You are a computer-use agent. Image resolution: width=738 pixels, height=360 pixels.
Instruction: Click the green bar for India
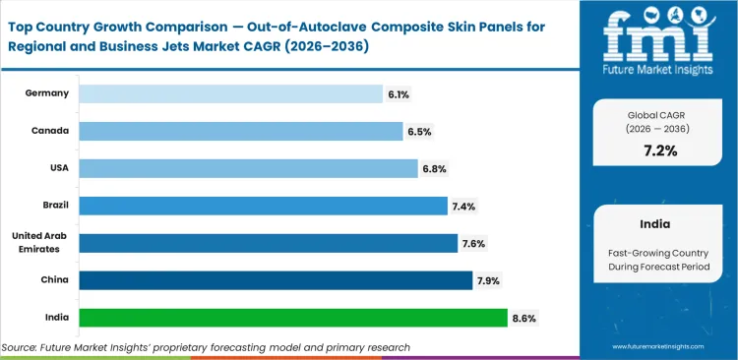[x=292, y=318]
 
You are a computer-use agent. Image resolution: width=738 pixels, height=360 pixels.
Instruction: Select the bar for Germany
[x=230, y=93]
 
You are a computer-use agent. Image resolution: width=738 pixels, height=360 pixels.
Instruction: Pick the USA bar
[x=248, y=168]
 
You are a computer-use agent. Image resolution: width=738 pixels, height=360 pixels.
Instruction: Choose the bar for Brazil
[x=263, y=206]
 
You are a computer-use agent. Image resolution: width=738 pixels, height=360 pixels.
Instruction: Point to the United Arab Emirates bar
[x=268, y=243]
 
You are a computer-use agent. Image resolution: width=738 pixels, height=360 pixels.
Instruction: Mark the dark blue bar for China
[x=276, y=280]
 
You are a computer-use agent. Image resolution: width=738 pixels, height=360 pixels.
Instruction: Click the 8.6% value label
[x=523, y=318]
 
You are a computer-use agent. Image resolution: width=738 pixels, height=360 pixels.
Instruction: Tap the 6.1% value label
[x=400, y=93]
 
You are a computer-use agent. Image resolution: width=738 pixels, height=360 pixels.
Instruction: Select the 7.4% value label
[x=463, y=206]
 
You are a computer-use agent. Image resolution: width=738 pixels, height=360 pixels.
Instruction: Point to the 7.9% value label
[x=489, y=280]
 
